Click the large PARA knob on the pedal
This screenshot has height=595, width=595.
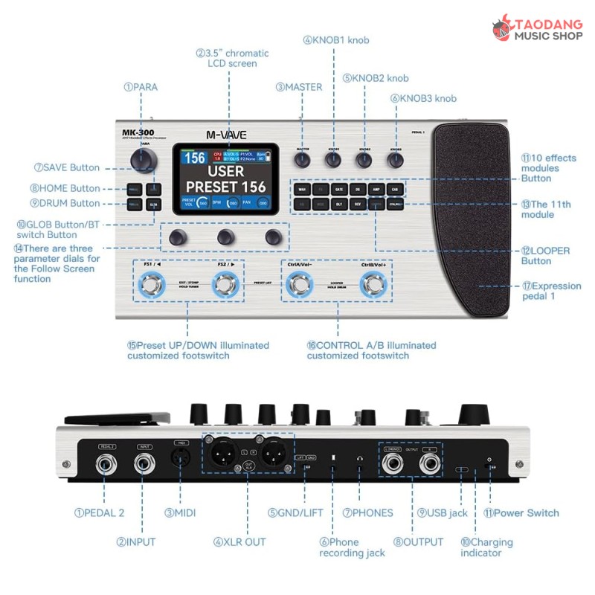(144, 160)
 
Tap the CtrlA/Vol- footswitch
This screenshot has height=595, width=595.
(300, 283)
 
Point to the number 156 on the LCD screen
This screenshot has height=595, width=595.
(195, 158)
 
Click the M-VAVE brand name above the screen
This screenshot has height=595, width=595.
(227, 135)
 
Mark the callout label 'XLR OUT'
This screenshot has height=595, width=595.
(238, 541)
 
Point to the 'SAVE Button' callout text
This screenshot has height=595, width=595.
(67, 167)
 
